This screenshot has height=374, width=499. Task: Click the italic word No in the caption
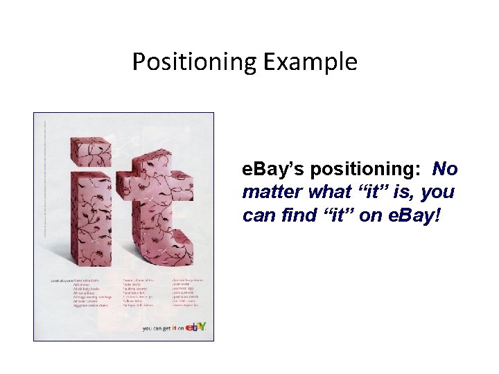click(445, 170)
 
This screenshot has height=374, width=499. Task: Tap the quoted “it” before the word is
click(376, 193)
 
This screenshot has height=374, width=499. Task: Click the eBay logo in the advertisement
click(197, 328)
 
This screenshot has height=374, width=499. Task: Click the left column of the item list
click(76, 294)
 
